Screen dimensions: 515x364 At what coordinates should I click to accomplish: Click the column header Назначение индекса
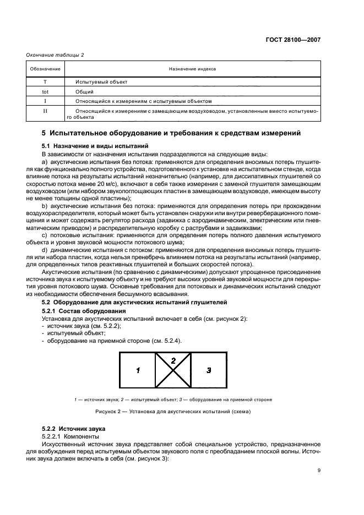(193, 69)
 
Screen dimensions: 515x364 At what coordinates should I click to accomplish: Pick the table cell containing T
(45, 81)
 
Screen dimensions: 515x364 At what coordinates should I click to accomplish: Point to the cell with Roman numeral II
(45, 114)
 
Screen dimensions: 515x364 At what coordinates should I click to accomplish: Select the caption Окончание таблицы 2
(56, 54)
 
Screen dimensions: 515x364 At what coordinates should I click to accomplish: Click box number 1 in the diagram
(137, 370)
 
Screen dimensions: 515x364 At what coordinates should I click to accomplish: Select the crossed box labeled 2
(173, 370)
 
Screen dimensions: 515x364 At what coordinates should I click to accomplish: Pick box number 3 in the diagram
(209, 370)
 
